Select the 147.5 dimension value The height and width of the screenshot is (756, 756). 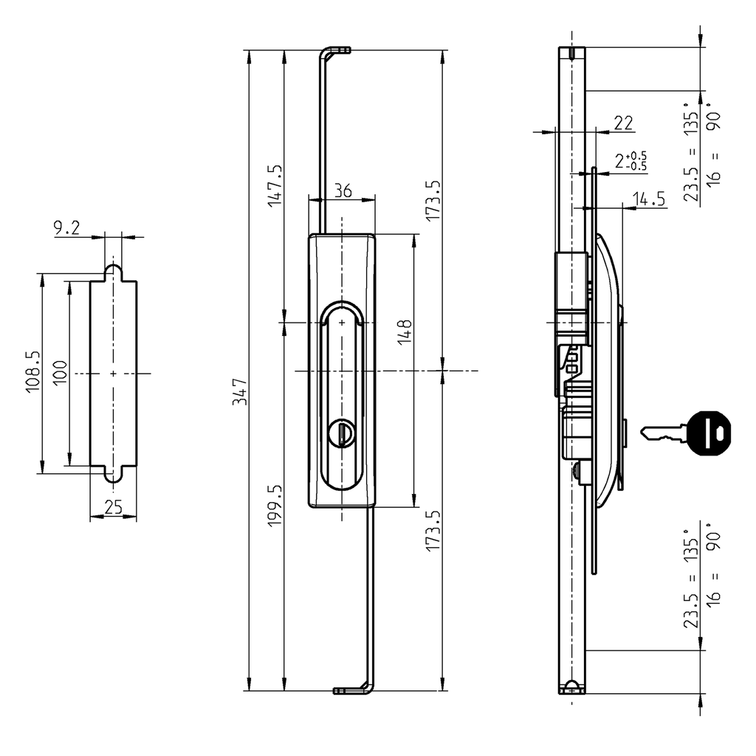pos(275,185)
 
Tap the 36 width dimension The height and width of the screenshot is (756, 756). pos(342,190)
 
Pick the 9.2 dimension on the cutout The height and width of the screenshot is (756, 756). pos(66,229)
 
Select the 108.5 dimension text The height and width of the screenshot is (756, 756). pos(33,371)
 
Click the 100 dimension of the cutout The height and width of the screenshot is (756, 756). pos(61,371)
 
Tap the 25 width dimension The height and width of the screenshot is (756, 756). pos(113,507)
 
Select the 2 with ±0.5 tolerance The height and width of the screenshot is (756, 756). pos(630,161)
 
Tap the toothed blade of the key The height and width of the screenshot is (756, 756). pos(661,435)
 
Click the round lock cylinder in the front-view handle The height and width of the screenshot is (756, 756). pos(342,432)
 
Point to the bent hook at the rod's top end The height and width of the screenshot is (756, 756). pos(336,51)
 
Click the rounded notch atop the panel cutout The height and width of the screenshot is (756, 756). pos(113,272)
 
